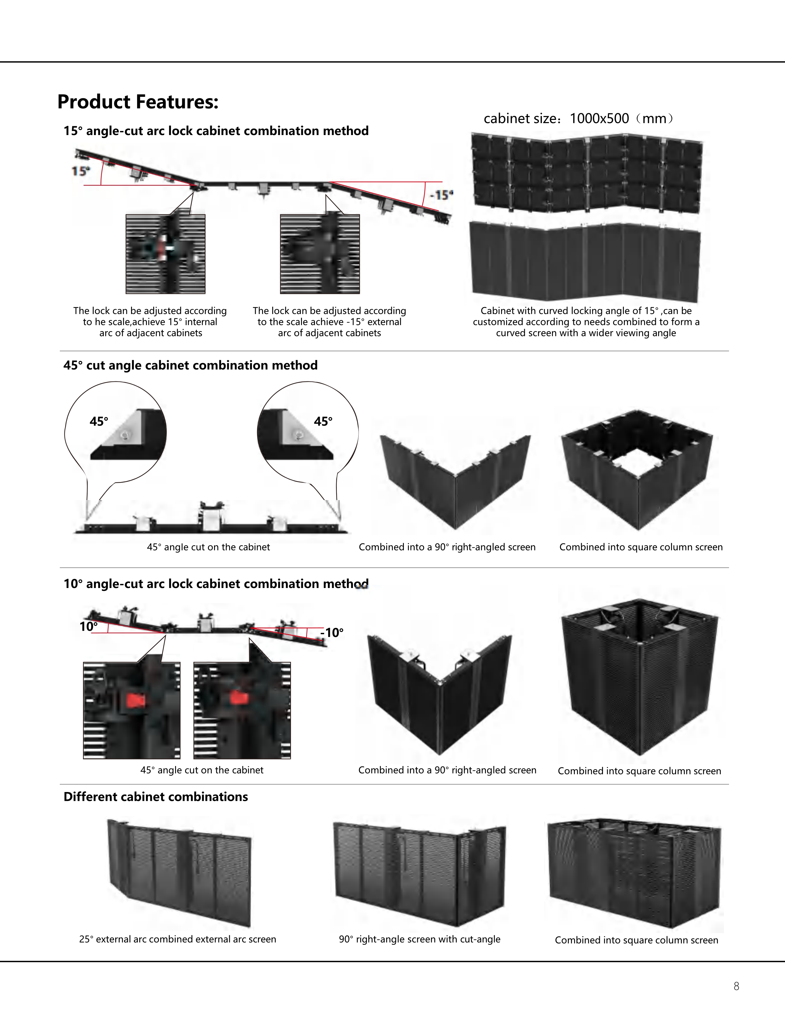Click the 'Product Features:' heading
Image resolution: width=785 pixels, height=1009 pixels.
tap(138, 102)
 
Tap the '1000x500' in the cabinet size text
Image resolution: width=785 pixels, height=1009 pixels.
tap(599, 119)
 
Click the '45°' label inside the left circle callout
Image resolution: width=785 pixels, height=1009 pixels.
tap(99, 421)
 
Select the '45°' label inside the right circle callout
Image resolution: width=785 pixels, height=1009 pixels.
tap(323, 421)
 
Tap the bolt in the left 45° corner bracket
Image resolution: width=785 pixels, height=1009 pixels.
tap(124, 435)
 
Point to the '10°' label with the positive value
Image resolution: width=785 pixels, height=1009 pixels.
tap(88, 627)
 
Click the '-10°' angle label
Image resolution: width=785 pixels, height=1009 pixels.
tap(332, 633)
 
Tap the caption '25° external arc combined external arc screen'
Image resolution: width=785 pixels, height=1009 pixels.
tap(178, 939)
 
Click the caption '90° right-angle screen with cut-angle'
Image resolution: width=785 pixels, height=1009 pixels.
tap(419, 939)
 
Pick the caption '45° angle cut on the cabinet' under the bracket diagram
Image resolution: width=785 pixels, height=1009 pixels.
tap(208, 547)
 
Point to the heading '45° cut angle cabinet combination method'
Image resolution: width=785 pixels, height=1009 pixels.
tap(191, 365)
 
